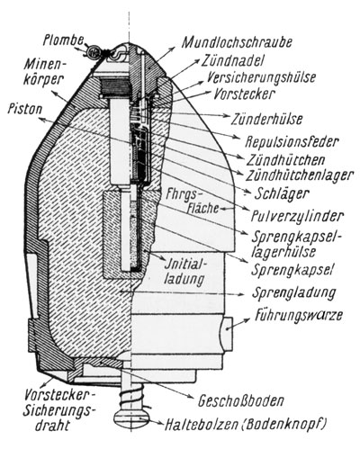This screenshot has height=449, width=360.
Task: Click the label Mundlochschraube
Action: (237, 42)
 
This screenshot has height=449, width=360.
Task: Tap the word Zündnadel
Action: (232, 61)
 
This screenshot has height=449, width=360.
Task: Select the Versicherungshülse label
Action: (261, 76)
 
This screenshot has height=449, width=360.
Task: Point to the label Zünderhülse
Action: (266, 119)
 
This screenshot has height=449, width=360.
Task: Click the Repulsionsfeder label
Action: (292, 141)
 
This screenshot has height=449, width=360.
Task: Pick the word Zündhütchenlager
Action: (299, 175)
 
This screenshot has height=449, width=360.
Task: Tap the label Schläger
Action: (282, 193)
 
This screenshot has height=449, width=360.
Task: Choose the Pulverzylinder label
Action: (297, 215)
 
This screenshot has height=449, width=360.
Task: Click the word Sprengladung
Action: (293, 292)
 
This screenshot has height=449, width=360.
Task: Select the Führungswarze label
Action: (299, 316)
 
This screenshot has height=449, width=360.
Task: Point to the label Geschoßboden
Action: (240, 400)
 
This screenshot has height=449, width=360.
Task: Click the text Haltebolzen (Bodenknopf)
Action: (245, 424)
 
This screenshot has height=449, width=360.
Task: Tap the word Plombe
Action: (62, 40)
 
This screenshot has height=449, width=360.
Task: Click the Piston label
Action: (25, 109)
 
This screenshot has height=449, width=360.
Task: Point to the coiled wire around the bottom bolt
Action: (132, 397)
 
